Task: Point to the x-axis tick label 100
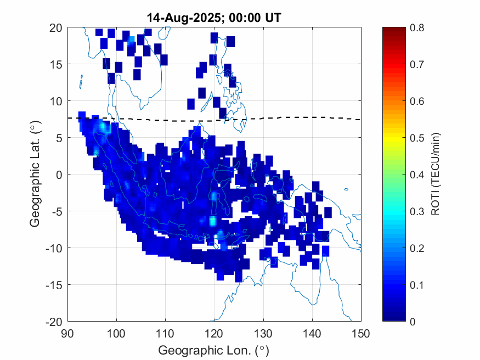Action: [116, 333]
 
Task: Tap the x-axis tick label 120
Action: [214, 333]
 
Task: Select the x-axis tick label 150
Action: [361, 333]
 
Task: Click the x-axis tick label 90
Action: [67, 333]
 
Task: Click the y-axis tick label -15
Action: [53, 284]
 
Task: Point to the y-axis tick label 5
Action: [58, 138]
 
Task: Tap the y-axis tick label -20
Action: [53, 321]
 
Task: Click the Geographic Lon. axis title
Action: [214, 350]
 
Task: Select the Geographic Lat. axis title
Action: [35, 175]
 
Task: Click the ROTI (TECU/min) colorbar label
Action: [436, 175]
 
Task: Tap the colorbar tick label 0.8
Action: [417, 27]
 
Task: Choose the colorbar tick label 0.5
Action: [417, 138]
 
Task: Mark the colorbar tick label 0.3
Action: [417, 211]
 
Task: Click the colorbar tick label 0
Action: [414, 322]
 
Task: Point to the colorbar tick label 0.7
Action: [417, 64]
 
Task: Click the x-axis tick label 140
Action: [312, 333]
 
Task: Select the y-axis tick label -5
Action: [56, 211]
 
